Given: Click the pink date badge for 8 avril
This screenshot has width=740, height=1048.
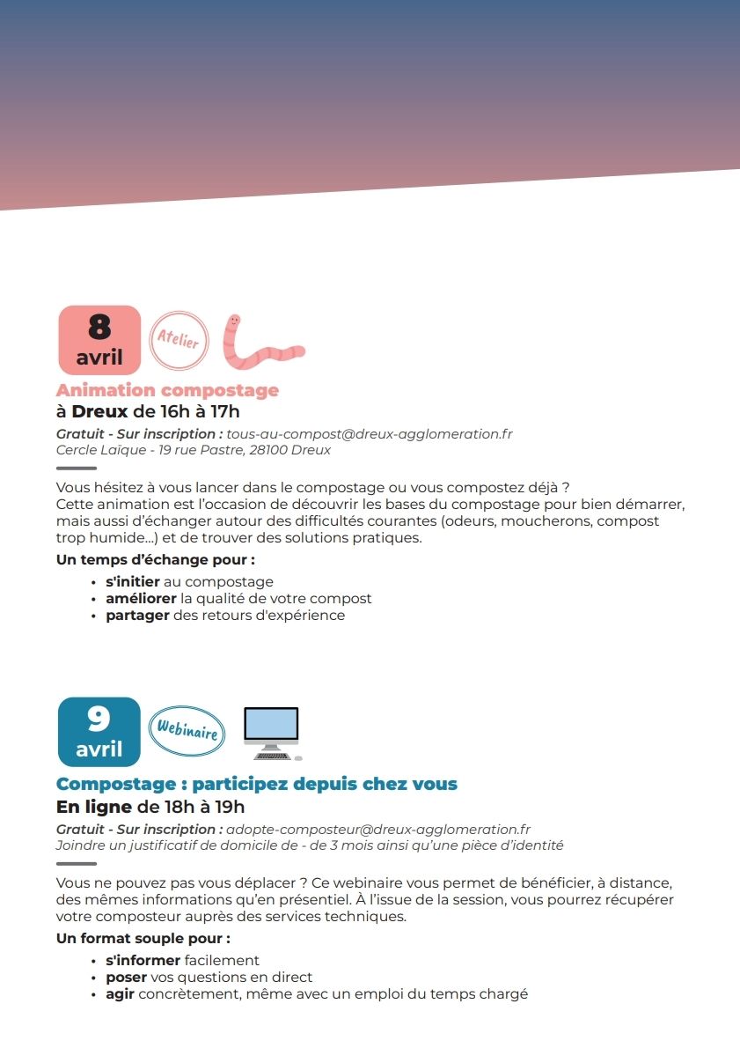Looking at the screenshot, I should click(99, 340).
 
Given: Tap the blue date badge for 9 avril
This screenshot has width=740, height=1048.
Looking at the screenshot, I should click(99, 732).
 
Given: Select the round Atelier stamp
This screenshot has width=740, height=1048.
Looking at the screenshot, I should click(179, 340).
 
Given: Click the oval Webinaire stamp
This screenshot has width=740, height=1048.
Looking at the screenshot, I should click(187, 730).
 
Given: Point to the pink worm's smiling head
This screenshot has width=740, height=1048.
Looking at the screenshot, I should click(233, 324).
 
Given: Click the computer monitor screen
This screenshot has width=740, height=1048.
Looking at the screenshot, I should click(271, 726).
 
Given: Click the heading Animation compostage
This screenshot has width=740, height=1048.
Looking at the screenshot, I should click(167, 390).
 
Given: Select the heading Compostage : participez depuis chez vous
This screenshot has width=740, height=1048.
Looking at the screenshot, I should click(257, 783).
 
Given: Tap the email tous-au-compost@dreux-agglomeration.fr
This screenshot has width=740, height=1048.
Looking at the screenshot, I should click(370, 433).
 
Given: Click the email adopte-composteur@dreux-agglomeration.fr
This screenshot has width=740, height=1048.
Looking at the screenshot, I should click(378, 829).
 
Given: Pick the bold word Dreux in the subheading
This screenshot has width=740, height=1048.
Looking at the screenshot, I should click(99, 411).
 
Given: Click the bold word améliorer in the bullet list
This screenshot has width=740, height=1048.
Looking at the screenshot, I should click(141, 599).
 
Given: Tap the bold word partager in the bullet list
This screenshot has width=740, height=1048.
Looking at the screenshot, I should click(136, 616).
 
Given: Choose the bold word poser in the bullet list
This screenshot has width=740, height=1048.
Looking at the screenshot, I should click(126, 978).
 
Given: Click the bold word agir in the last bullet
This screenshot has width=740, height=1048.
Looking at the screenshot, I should click(120, 994).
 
